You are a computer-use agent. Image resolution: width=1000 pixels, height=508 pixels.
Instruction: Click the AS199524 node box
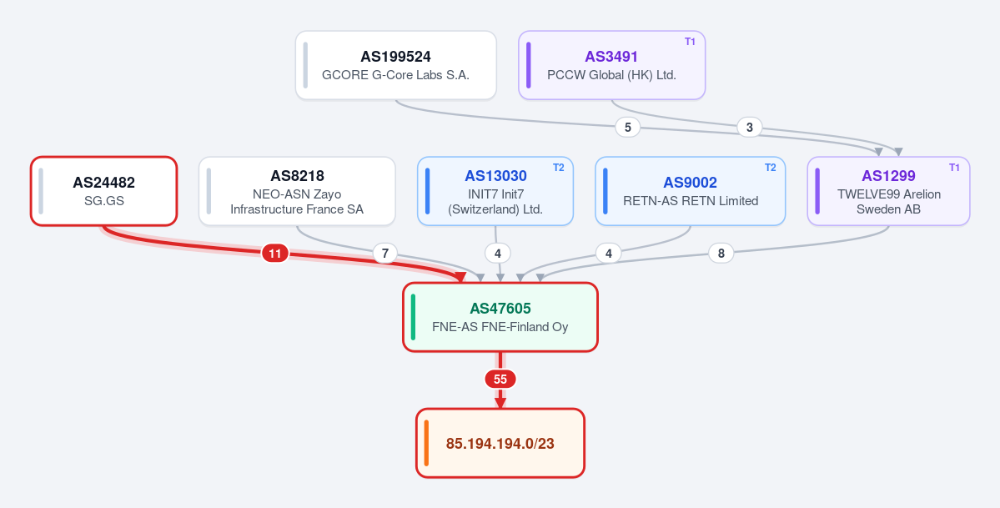[x=396, y=65]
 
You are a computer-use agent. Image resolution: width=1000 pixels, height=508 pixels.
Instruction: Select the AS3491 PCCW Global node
[x=611, y=65]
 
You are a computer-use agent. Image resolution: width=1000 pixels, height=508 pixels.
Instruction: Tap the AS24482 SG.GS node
[x=104, y=191]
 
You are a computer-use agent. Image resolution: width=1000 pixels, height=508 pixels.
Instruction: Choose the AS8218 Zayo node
[x=297, y=191]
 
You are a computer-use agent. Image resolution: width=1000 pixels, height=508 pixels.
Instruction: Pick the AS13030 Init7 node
[x=495, y=191]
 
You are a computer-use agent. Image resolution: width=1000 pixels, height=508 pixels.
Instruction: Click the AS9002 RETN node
[x=690, y=191]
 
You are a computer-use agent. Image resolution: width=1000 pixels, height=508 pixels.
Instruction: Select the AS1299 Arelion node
[x=888, y=191]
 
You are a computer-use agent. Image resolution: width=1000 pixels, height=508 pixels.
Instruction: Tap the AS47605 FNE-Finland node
[x=500, y=316]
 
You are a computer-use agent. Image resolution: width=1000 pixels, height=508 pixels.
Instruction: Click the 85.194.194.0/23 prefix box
[x=500, y=443]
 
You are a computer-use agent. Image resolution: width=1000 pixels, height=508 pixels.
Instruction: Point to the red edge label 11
[x=275, y=254]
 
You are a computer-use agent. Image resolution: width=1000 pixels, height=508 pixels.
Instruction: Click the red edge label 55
[x=500, y=379]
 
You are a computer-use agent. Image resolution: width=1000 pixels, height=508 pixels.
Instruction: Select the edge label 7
[x=384, y=254]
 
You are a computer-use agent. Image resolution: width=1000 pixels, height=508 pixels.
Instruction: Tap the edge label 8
[x=721, y=254]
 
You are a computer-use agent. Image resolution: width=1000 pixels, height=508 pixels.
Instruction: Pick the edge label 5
[x=627, y=127]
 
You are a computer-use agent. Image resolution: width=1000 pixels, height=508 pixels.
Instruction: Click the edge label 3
[x=749, y=127]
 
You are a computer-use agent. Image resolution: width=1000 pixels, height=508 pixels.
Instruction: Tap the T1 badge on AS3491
[x=690, y=42]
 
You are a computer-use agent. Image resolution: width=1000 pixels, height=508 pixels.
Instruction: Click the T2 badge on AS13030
[x=558, y=167]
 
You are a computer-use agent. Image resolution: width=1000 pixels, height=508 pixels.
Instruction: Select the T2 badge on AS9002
[x=771, y=167]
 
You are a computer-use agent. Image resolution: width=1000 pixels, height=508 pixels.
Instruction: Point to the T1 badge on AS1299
[x=954, y=167]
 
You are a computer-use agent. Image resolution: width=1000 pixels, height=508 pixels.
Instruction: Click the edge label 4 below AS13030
[x=497, y=254]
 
